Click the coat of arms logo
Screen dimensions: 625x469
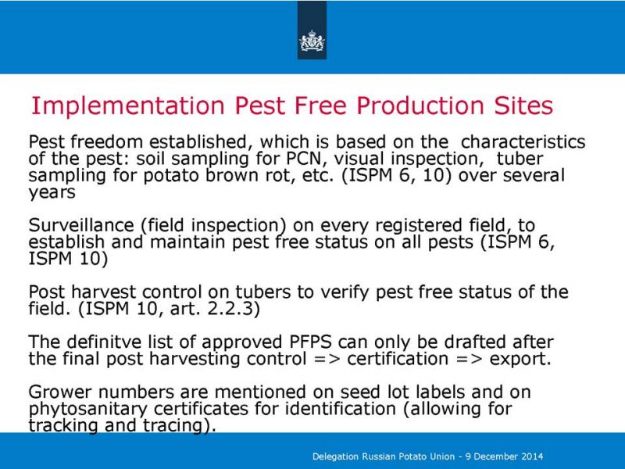312,41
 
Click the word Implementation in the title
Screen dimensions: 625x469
128,106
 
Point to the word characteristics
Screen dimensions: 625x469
523,142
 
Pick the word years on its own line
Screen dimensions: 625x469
52,193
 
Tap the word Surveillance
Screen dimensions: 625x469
81,225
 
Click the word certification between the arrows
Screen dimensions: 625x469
398,359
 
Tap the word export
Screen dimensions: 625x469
520,360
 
